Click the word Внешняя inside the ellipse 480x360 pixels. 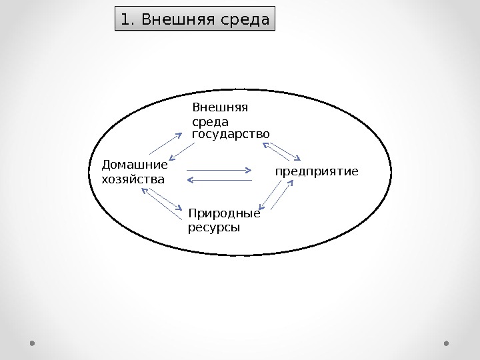click(x=219, y=107)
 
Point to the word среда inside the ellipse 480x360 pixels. click(x=210, y=122)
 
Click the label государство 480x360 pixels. click(x=231, y=134)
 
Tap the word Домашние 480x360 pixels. click(x=134, y=164)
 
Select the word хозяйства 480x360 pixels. click(x=132, y=179)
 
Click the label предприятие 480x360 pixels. click(x=317, y=171)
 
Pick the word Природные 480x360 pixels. click(x=224, y=214)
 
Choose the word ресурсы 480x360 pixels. click(x=214, y=227)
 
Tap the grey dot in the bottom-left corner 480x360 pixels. click(x=33, y=344)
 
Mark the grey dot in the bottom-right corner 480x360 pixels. click(x=446, y=344)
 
